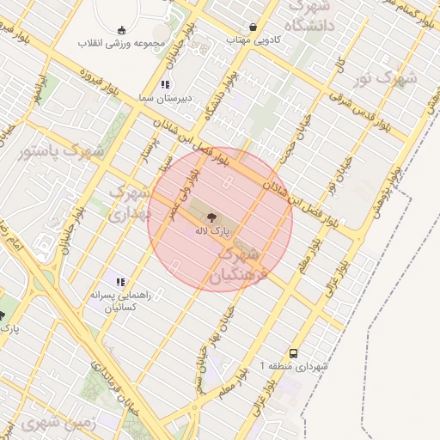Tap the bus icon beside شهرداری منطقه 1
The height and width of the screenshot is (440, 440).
click(x=295, y=353)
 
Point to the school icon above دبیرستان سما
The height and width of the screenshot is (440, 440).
click(x=164, y=84)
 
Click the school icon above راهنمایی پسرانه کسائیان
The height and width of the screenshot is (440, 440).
click(x=120, y=281)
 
